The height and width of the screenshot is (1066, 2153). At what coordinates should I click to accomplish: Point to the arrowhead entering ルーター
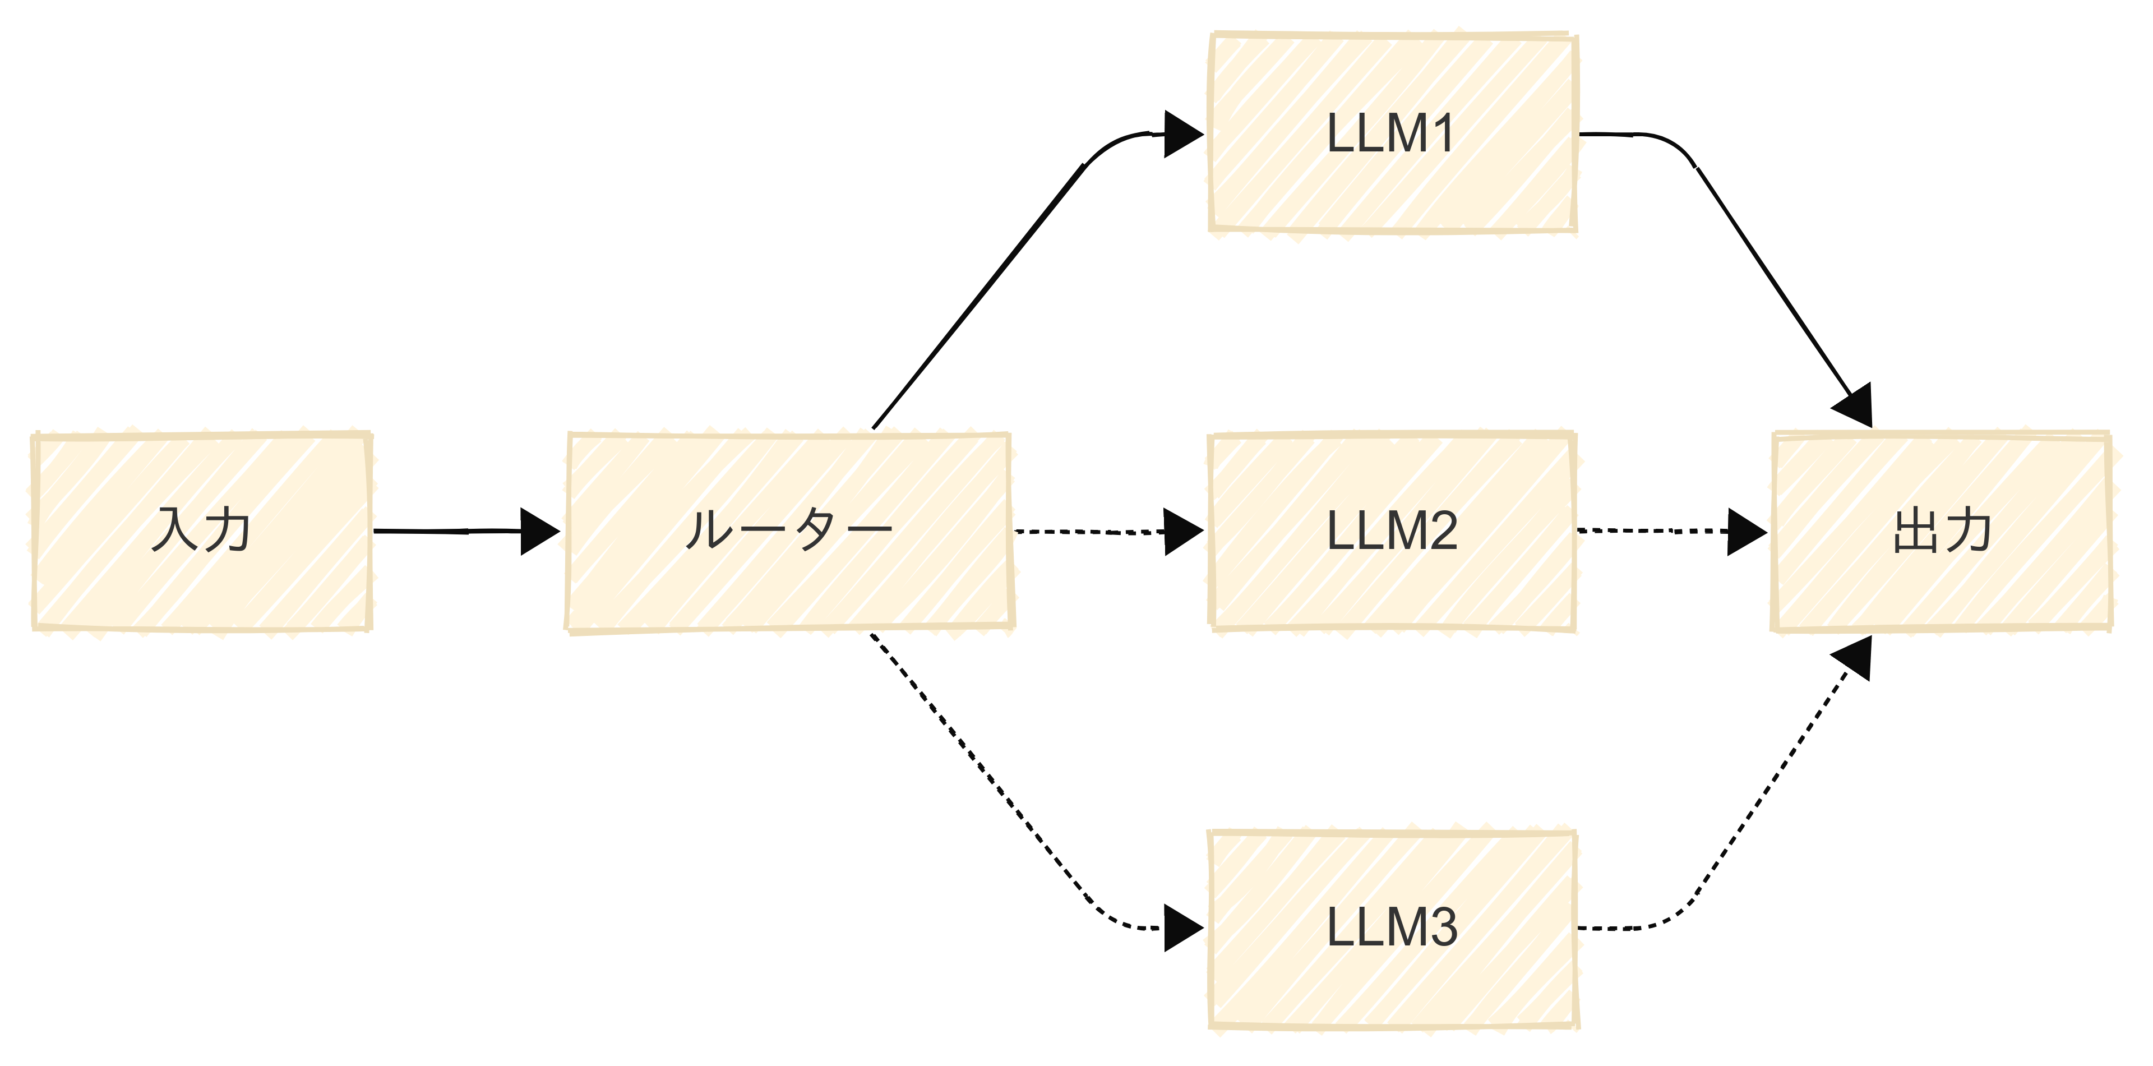539,531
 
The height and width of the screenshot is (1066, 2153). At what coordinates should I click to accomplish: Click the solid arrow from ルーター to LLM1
978,297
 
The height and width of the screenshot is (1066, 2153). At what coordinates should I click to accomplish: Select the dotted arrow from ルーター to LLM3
978,769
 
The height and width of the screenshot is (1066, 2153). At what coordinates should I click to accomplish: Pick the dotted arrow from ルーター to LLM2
1087,532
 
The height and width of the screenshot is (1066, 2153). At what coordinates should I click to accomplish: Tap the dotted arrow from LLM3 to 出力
1772,782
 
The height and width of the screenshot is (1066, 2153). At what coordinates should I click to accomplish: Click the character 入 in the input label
175,530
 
